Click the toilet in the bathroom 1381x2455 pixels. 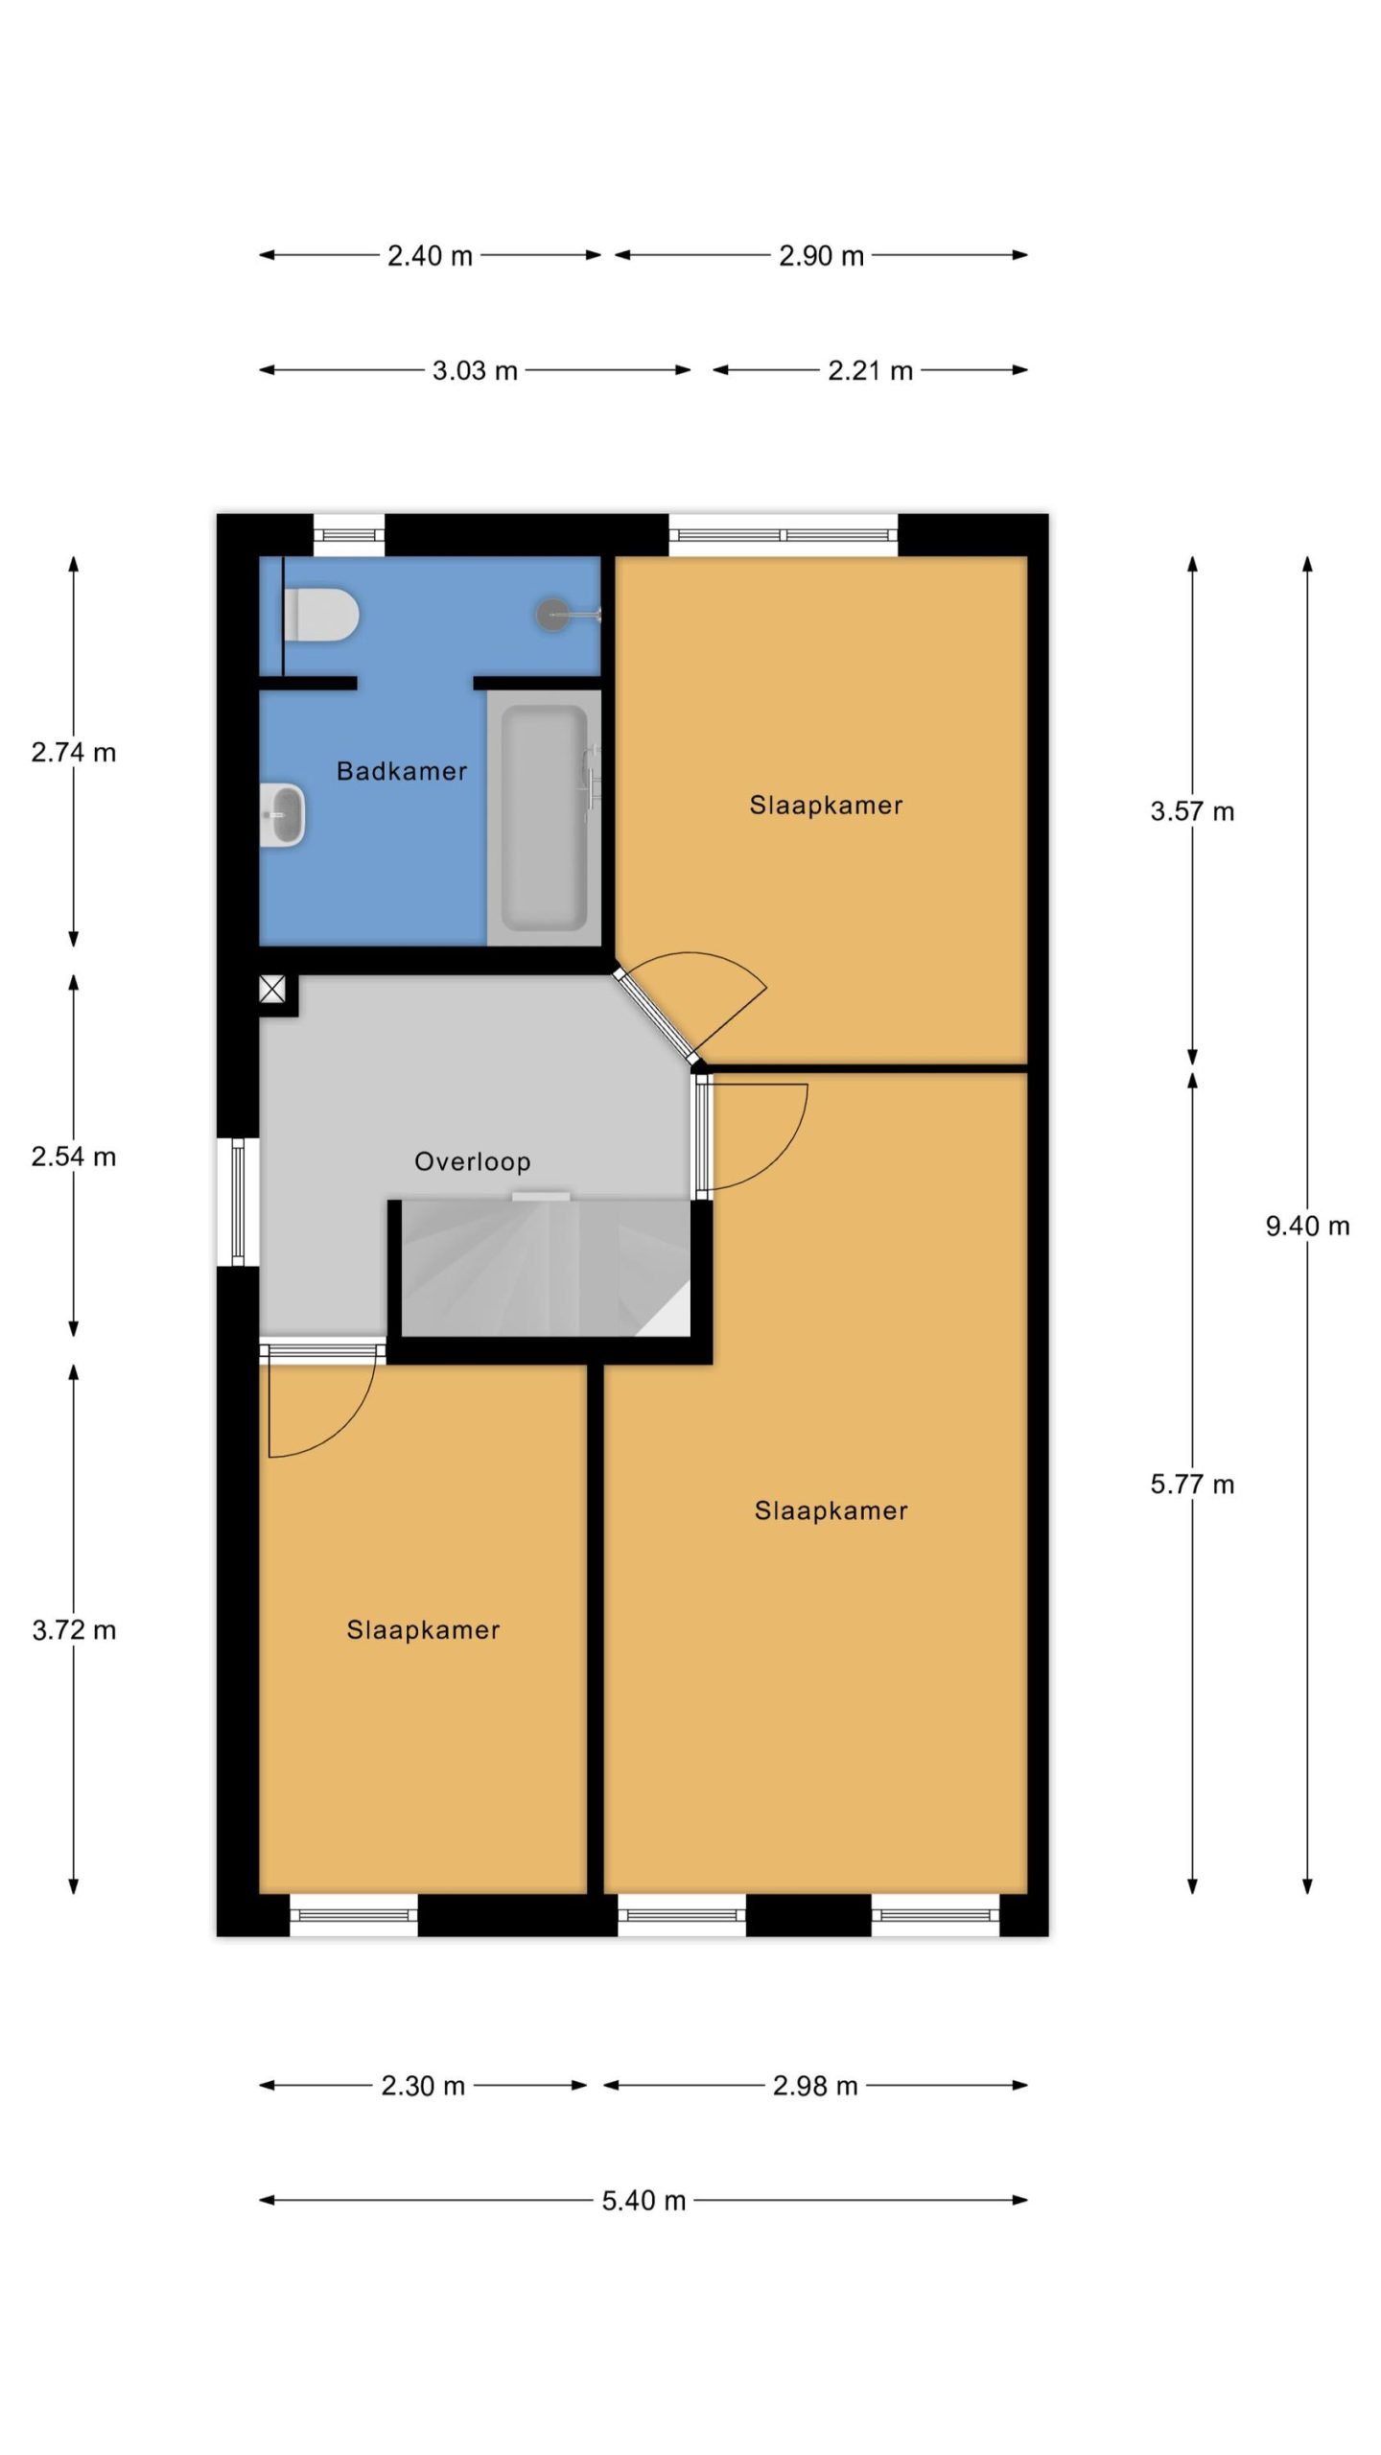[x=321, y=615]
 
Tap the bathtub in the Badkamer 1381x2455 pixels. [x=544, y=818]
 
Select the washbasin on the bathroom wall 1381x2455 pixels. [x=283, y=816]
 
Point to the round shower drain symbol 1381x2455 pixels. [x=553, y=614]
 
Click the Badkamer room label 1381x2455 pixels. [x=402, y=771]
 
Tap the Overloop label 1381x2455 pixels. [x=473, y=1162]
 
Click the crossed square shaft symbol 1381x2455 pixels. [x=273, y=989]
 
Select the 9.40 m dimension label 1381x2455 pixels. [x=1307, y=1226]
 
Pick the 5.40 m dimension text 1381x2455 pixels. [x=644, y=2201]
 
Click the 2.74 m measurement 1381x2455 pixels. [x=74, y=753]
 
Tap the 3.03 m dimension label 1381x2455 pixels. [x=475, y=371]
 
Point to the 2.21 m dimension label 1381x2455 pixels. [x=870, y=371]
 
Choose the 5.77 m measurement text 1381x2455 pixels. [x=1192, y=1485]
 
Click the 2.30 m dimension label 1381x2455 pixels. [x=423, y=2086]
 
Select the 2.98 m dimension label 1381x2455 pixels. [x=815, y=2086]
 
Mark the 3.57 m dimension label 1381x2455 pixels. [x=1192, y=812]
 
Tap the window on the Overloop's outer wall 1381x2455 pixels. [x=238, y=1202]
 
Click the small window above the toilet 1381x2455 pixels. [x=349, y=535]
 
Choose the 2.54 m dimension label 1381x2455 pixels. [x=74, y=1157]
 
